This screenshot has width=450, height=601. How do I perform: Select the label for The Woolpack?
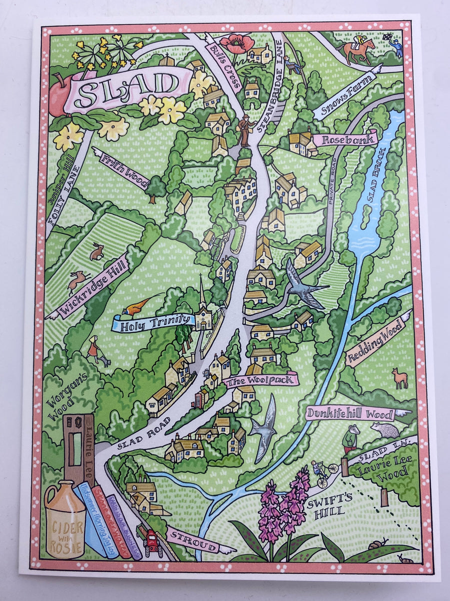[261, 381]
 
